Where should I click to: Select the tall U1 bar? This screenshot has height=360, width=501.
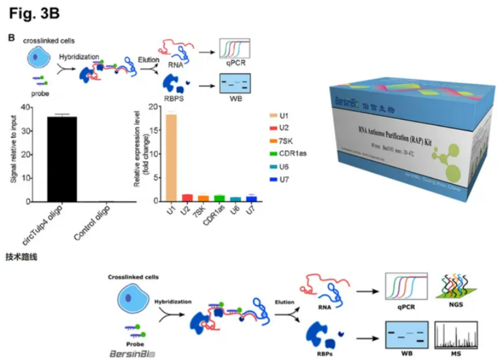click(x=171, y=157)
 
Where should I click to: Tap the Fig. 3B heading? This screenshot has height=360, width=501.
click(x=34, y=13)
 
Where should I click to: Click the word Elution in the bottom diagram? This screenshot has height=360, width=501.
click(x=284, y=302)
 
